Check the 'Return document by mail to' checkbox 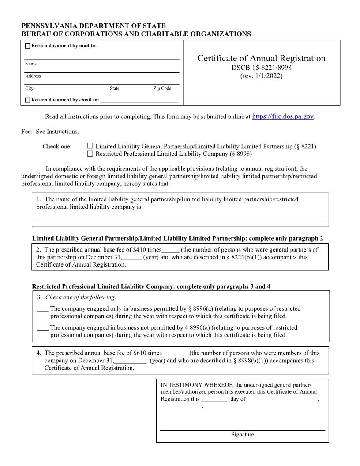pyautogui.click(x=28, y=46)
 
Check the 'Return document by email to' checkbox pyautogui.click(x=28, y=100)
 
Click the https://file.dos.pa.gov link pyautogui.click(x=283, y=116)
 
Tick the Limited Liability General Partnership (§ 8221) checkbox pyautogui.click(x=90, y=146)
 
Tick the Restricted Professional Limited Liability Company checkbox pyautogui.click(x=90, y=154)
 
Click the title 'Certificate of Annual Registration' pyautogui.click(x=261, y=58)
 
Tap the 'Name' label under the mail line pyautogui.click(x=31, y=64)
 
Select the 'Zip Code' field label pyautogui.click(x=162, y=89)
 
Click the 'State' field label pyautogui.click(x=114, y=89)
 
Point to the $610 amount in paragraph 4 pyautogui.click(x=141, y=353)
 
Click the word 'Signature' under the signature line pyautogui.click(x=242, y=435)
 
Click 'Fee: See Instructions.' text pyautogui.click(x=50, y=132)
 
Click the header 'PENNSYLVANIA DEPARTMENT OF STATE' pyautogui.click(x=94, y=26)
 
